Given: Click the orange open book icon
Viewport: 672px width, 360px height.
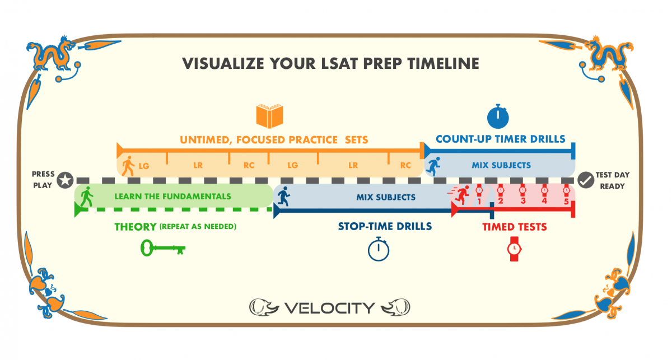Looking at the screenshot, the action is point(269,116).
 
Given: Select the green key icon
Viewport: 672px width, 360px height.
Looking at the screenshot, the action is point(163,248).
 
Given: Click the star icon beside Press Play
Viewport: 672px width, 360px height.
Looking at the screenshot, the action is point(66,180).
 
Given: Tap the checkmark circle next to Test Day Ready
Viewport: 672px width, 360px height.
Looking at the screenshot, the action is point(586,180).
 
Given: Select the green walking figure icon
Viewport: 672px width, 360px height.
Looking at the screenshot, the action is point(87,197).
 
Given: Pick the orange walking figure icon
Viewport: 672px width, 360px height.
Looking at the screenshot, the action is point(129,166).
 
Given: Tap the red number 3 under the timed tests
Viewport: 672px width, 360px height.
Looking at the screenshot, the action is point(522,201).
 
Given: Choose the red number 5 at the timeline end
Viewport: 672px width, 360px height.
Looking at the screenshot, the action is point(566,201).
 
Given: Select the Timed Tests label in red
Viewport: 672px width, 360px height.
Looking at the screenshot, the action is point(515,227).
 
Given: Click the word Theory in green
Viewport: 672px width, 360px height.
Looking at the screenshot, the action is point(135,227).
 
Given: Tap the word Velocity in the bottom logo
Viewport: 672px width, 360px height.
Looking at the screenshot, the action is point(329,307).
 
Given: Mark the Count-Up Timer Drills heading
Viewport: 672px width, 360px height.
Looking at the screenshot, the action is point(501,139).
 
